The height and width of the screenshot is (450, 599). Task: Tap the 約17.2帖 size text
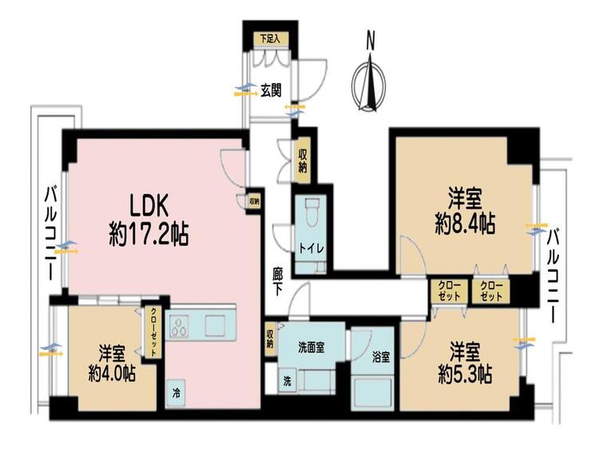coord(148,235)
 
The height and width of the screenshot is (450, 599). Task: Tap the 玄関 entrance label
coord(271,90)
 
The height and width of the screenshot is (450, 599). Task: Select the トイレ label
coord(311,249)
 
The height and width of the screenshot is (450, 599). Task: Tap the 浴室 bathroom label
coord(380,357)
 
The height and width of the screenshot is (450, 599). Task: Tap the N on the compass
coord(370,38)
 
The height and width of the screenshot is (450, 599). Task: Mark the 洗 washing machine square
coord(286,382)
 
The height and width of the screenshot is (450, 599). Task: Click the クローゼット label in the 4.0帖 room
coord(153,331)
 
